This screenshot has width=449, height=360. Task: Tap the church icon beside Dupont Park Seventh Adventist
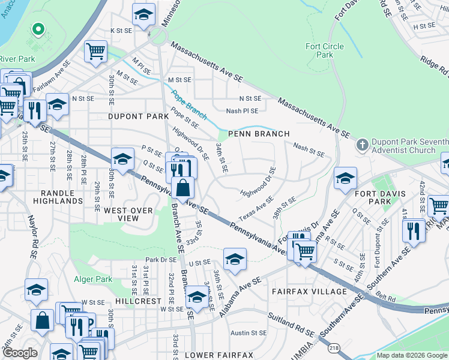pyautogui.click(x=362, y=145)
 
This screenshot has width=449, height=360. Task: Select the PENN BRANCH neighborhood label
pyautogui.click(x=258, y=134)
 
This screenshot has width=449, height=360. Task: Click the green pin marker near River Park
pyautogui.click(x=38, y=29)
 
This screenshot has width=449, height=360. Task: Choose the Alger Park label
pyautogui.click(x=92, y=279)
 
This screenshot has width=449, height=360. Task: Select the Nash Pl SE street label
pyautogui.click(x=242, y=111)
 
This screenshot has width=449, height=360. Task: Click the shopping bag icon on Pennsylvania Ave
pyautogui.click(x=183, y=189)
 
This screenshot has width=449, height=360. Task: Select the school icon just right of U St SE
pyautogui.click(x=235, y=259)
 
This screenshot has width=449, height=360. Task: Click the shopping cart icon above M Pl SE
pyautogui.click(x=95, y=52)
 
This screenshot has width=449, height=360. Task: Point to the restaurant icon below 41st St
pyautogui.click(x=413, y=230)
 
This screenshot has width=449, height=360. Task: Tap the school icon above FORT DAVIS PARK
pyautogui.click(x=346, y=178)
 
